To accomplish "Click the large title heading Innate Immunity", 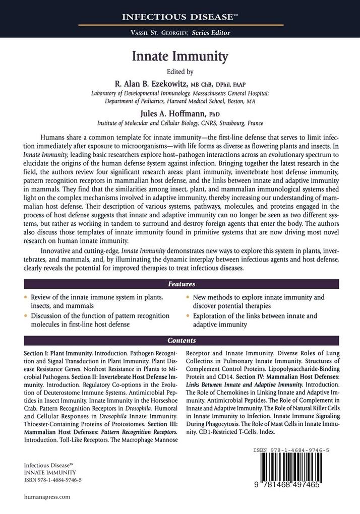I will pos(179,56).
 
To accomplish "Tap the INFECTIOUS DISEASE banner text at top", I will pos(179,17).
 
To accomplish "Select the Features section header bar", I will pos(179,284).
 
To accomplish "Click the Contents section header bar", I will pos(179,341).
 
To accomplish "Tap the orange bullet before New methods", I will pos(188,297).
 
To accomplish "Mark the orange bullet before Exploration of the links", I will pos(188,316).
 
